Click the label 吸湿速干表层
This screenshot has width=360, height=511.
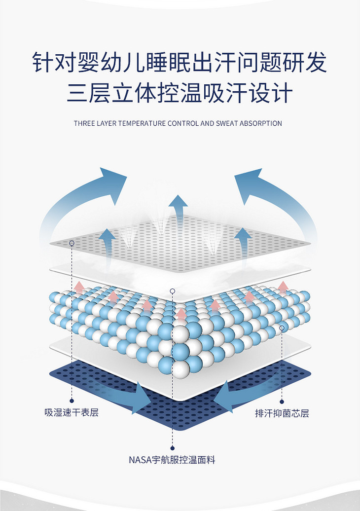click(x=72, y=412)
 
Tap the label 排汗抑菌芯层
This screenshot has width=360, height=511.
click(x=282, y=413)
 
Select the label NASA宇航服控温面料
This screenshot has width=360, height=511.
click(x=172, y=460)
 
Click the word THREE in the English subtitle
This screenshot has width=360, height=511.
click(x=84, y=123)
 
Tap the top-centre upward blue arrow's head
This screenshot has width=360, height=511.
click(x=178, y=202)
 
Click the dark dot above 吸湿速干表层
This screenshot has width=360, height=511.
click(x=72, y=401)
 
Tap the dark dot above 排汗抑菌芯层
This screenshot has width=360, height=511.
click(x=282, y=401)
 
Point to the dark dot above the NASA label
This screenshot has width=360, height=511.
click(x=172, y=448)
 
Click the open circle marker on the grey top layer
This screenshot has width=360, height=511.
click(x=72, y=243)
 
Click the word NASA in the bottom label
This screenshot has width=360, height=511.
click(x=139, y=460)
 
